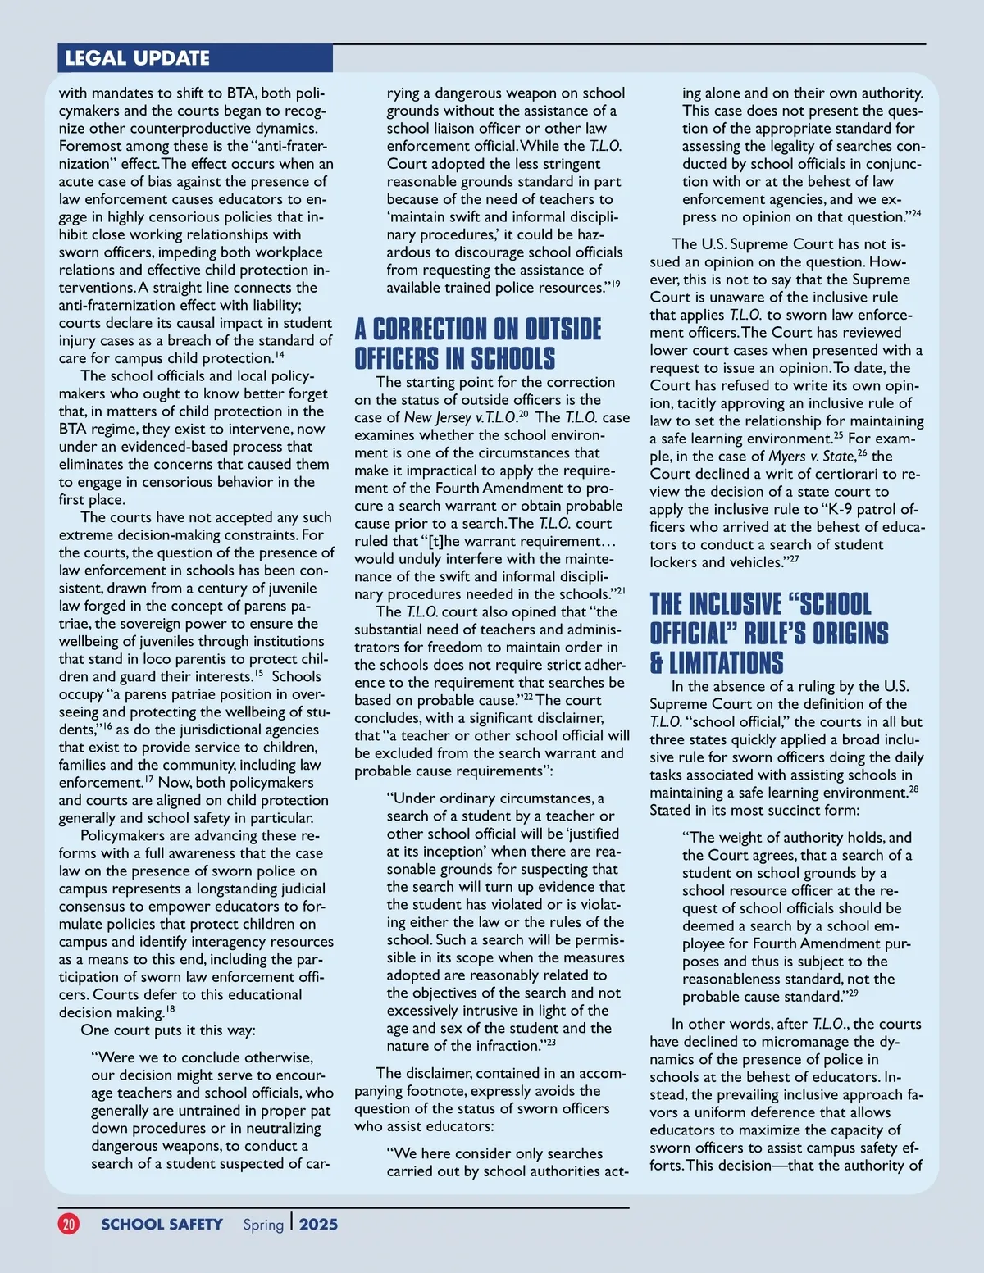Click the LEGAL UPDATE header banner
coord(137,58)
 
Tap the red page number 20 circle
coord(69,1224)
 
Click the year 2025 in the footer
coord(318,1224)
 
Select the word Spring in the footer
coord(263,1225)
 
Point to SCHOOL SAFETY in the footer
coord(162,1224)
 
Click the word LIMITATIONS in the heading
coord(727,662)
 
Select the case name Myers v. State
coord(811,456)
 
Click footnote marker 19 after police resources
coord(615,284)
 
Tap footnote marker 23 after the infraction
coord(551,1043)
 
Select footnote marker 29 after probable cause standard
coord(853,993)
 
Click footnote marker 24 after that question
coord(916,214)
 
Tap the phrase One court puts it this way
coord(168,1030)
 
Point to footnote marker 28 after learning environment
coord(913,789)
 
